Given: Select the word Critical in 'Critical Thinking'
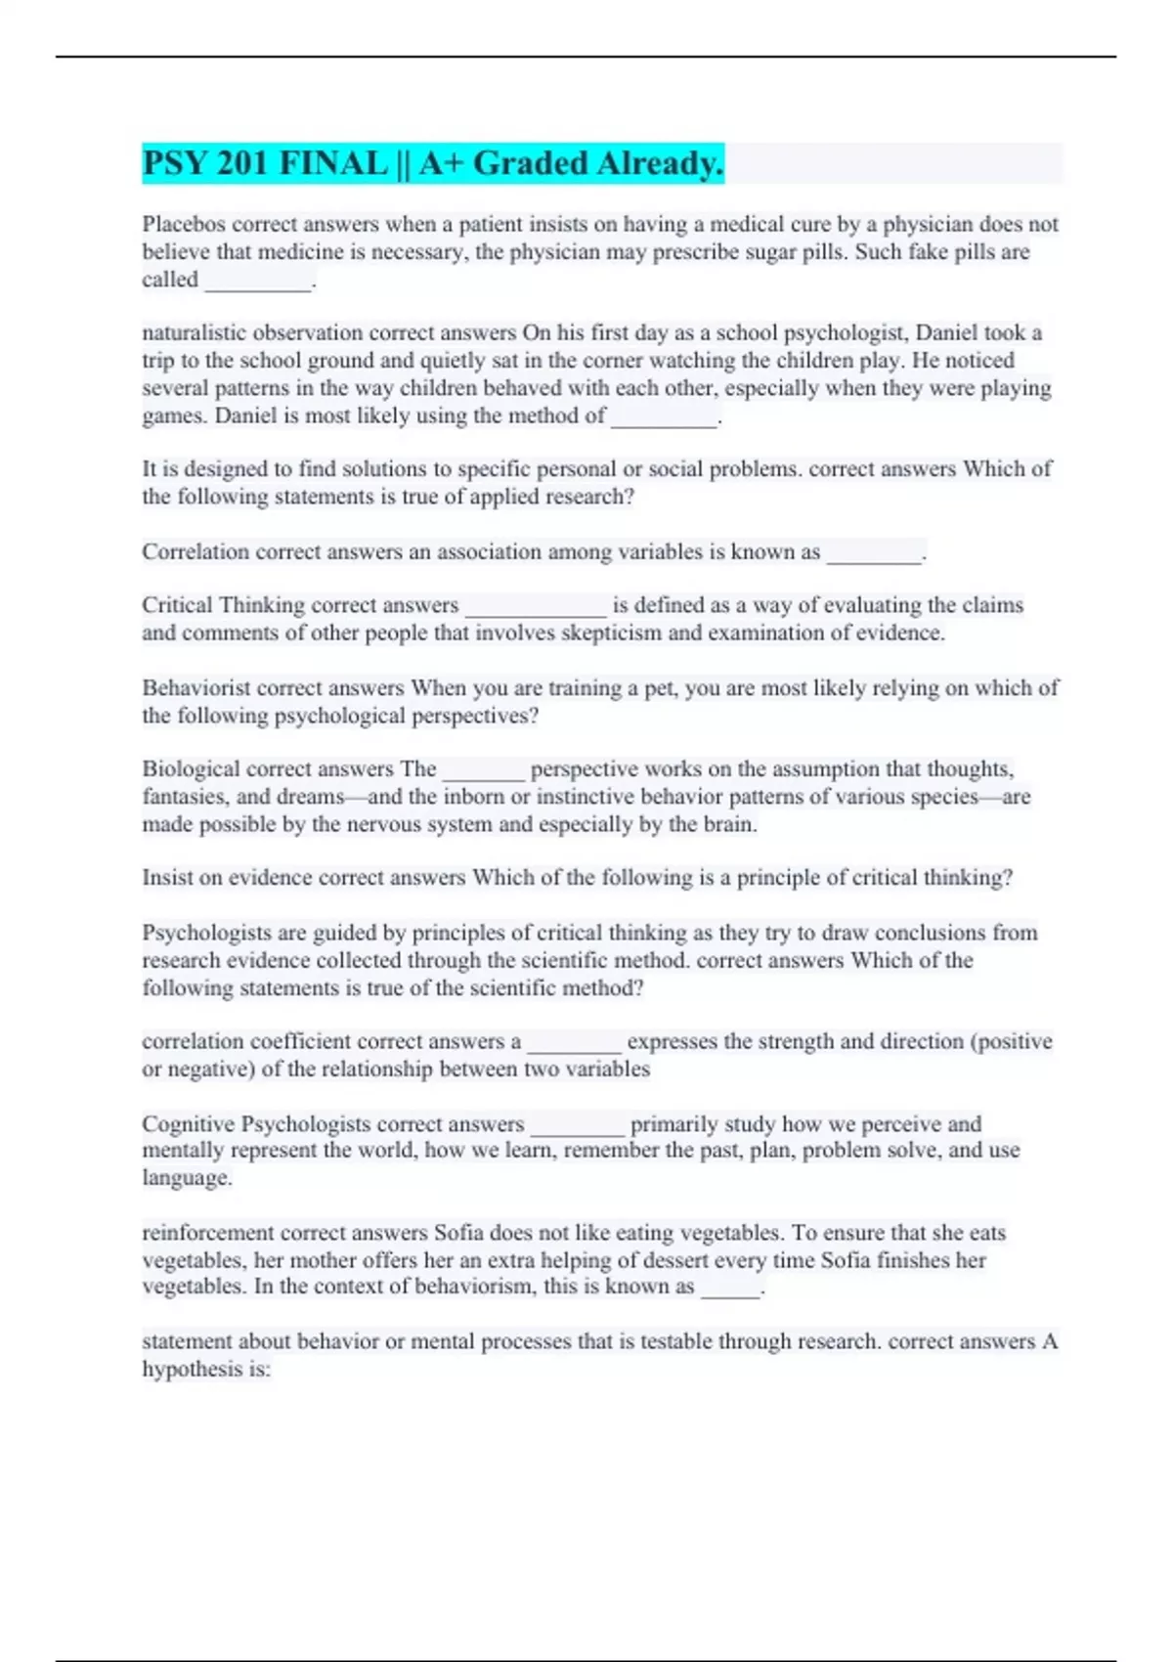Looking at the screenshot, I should (177, 605).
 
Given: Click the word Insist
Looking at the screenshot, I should (167, 878).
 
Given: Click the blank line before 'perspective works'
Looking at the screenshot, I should (484, 771).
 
